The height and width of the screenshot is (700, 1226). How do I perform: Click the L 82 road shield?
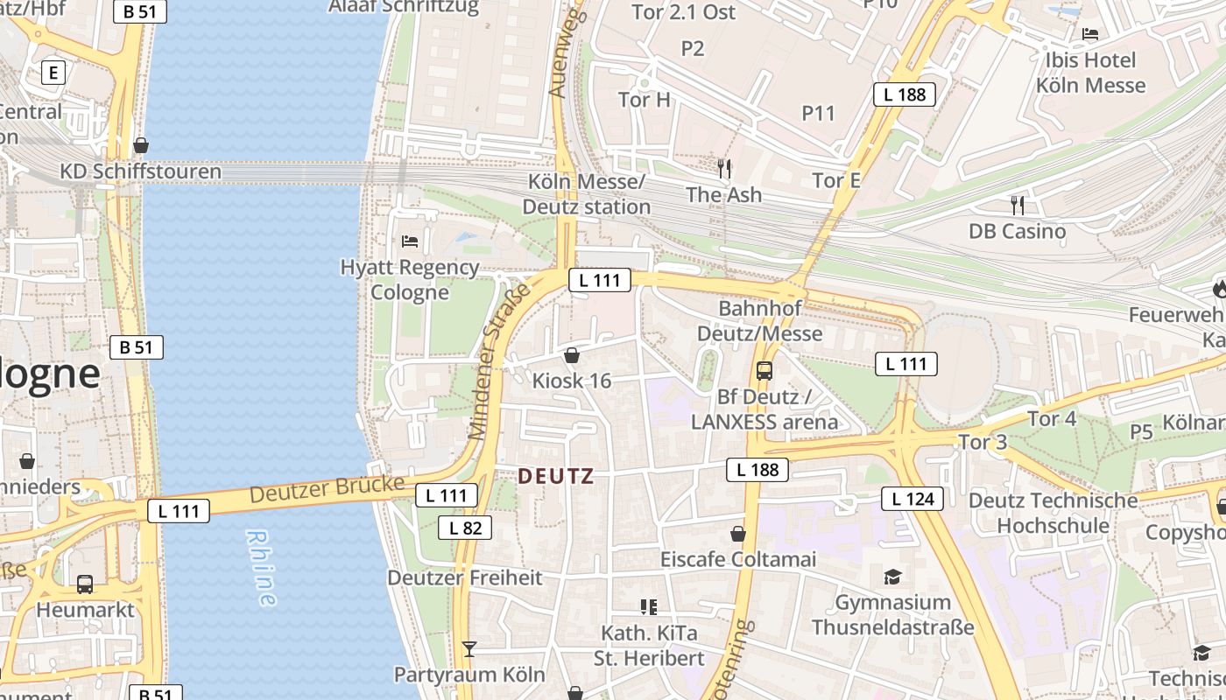click(465, 528)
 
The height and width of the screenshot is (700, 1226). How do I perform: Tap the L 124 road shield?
click(912, 499)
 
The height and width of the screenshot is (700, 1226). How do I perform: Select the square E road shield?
click(53, 73)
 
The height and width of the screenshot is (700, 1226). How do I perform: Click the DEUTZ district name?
click(556, 477)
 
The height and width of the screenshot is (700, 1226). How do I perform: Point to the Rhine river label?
click(261, 568)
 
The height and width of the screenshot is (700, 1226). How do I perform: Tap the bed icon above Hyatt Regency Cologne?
click(409, 241)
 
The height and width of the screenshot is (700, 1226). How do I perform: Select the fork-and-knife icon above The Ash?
click(723, 168)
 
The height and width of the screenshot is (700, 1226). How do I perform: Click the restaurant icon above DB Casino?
click(1017, 205)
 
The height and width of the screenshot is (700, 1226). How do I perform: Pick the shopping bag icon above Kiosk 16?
click(571, 355)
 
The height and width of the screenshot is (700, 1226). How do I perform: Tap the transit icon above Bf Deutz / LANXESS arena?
click(764, 370)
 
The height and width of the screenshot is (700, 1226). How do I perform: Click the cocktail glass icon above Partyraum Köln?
click(469, 648)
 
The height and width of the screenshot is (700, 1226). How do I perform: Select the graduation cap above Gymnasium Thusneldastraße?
click(892, 577)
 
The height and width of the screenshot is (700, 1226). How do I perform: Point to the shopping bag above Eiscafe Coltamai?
click(738, 533)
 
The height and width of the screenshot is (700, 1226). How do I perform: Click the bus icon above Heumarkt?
click(85, 584)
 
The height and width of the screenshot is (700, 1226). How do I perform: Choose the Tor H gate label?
click(645, 100)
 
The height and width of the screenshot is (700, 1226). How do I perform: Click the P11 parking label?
click(819, 113)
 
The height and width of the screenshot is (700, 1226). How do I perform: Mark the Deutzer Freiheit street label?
click(464, 577)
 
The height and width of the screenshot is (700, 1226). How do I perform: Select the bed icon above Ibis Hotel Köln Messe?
click(1090, 34)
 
